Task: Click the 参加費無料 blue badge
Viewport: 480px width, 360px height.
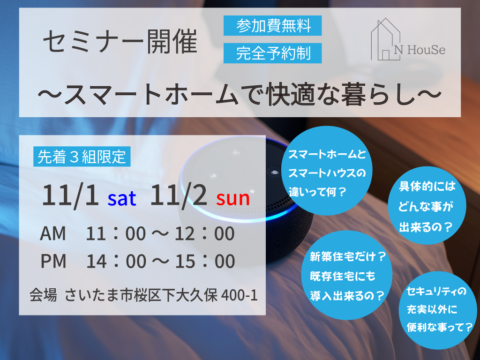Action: (272, 26)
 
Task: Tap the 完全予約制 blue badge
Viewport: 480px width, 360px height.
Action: (272, 53)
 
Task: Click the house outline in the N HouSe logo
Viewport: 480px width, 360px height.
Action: (386, 39)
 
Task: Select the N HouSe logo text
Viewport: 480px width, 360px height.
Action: (420, 50)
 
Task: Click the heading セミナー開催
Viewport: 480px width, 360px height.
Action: (120, 42)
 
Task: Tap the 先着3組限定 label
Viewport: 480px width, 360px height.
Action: (82, 157)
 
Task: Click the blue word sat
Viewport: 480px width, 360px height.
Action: (122, 198)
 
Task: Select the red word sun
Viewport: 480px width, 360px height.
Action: (233, 199)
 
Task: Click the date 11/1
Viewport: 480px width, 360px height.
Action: (70, 195)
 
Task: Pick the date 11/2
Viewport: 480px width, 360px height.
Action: (179, 195)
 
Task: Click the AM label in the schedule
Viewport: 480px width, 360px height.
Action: (53, 233)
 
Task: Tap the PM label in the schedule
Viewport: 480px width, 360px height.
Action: (53, 261)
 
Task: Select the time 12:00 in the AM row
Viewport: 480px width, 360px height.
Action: (205, 233)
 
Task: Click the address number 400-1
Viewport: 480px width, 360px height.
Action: (239, 295)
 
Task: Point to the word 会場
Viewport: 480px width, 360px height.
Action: (43, 295)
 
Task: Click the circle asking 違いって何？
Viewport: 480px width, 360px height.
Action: (327, 171)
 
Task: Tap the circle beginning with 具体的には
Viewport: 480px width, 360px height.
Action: (427, 205)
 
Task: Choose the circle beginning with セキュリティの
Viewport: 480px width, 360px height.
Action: (438, 310)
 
